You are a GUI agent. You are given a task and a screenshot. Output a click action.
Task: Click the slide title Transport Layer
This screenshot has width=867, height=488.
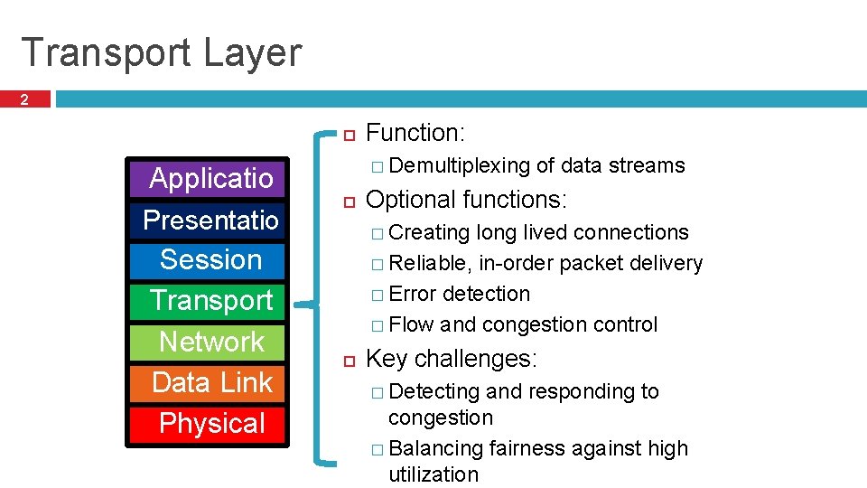point(161,52)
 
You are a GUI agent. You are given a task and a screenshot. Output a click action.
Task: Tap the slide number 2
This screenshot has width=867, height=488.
point(25,100)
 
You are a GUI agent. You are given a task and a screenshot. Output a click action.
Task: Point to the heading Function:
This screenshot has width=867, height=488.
point(415,134)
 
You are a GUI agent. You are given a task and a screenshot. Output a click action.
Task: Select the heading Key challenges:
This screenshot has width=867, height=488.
point(452,359)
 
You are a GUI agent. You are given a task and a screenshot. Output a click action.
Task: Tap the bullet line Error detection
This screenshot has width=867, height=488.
point(459,294)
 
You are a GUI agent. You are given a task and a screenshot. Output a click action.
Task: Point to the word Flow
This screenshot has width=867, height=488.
point(411,324)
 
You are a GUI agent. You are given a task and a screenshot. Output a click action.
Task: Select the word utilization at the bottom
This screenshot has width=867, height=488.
point(433,474)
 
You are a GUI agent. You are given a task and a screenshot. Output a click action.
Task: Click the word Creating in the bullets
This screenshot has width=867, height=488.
point(429,232)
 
